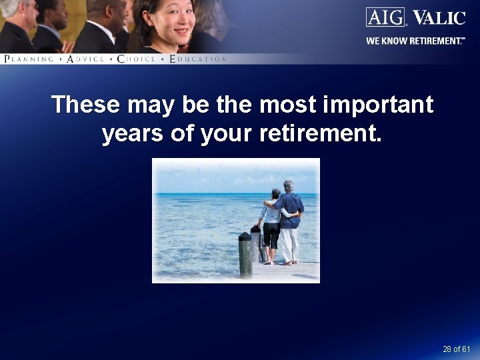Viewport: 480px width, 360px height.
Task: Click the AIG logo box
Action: coord(386,17)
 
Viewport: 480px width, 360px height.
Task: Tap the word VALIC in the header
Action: coord(439,17)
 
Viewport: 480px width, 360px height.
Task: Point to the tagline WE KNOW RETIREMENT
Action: coord(415,41)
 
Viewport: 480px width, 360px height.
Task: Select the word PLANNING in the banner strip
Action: coord(29,59)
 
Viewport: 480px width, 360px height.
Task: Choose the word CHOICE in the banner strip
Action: coord(136,59)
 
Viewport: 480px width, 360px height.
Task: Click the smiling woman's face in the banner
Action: coord(174,19)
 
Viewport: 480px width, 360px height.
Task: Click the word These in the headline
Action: coord(86,105)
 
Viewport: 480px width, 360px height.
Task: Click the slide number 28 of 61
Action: coord(456,349)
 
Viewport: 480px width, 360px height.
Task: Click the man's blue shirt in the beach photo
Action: coord(291,209)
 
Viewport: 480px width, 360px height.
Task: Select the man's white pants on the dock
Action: coord(289,244)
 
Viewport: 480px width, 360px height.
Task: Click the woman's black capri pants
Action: coord(271,235)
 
